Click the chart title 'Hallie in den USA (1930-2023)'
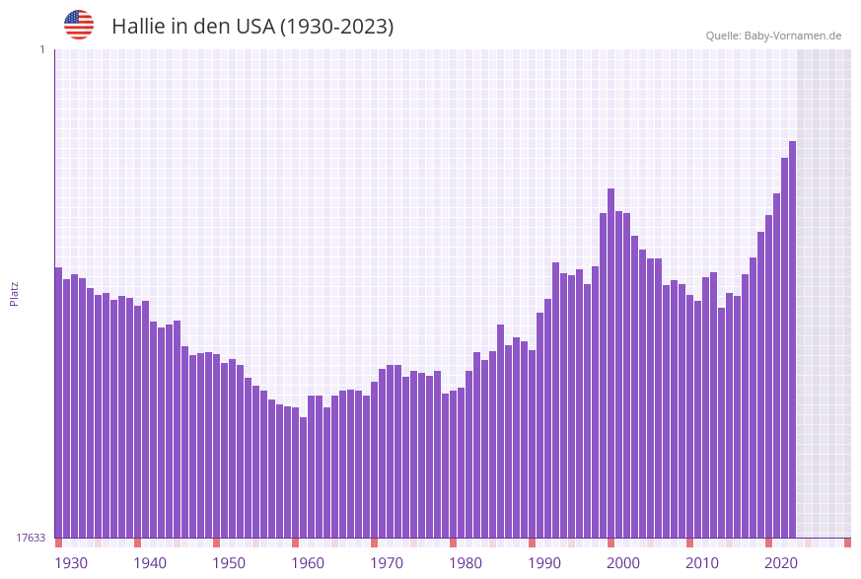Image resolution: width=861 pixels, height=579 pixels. coord(252,27)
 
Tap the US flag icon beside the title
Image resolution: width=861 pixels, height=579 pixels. coord(79,25)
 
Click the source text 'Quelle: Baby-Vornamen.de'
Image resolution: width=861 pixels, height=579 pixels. coord(773,36)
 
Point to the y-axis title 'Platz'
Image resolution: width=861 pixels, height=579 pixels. coord(15,293)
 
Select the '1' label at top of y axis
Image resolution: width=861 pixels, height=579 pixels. coord(42,49)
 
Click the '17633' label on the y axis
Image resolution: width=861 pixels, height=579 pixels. coord(31,538)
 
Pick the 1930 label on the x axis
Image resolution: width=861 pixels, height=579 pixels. coord(71,563)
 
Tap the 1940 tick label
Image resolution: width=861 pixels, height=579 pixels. coord(150,563)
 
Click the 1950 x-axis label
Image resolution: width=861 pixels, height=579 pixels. coord(229,563)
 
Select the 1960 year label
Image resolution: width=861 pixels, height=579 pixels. coord(308,563)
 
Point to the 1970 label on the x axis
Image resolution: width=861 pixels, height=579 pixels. coord(387,563)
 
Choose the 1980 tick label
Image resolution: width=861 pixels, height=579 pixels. coord(466,563)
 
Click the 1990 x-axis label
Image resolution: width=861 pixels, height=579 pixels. coord(544,563)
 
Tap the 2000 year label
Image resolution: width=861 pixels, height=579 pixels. coord(623,563)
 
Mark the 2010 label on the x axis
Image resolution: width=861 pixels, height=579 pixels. coord(702,563)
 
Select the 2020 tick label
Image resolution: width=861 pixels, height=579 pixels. coord(781,563)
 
